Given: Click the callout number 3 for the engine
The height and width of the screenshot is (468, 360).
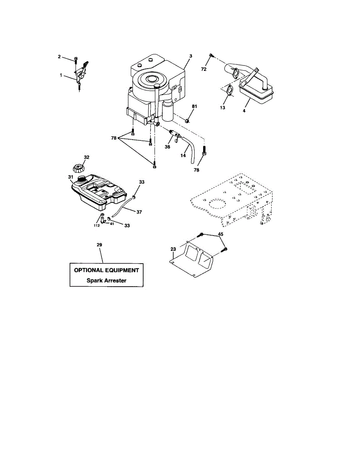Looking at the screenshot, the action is click(x=191, y=56).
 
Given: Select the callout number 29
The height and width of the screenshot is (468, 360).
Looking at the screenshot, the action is click(x=99, y=245).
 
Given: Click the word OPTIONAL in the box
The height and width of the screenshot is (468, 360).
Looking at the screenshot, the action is click(x=90, y=270).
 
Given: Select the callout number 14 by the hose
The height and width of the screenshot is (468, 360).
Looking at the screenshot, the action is click(x=183, y=155).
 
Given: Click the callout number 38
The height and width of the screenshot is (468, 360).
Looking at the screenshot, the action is click(x=168, y=147).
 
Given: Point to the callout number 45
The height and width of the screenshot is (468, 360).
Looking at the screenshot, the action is click(x=220, y=234).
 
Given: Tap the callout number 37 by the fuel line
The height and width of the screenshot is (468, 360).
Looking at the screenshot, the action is click(x=139, y=212).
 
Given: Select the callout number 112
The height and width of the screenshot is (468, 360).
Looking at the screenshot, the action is click(x=96, y=225).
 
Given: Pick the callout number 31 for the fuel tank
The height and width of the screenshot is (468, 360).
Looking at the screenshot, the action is click(x=71, y=177).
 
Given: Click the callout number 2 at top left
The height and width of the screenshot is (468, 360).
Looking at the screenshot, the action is click(x=59, y=57).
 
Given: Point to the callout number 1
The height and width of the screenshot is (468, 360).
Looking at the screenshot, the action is click(x=61, y=74).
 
